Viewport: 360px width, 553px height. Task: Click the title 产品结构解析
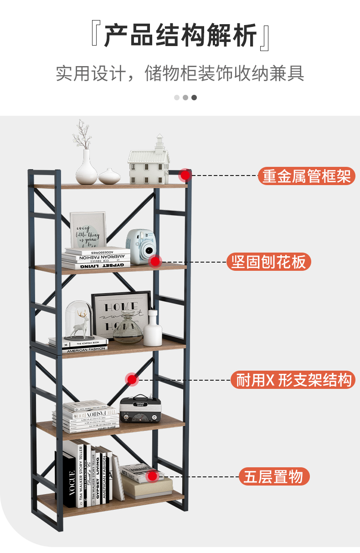(180, 36)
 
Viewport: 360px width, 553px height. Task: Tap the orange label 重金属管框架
(306, 176)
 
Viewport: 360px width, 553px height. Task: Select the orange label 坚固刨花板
(268, 262)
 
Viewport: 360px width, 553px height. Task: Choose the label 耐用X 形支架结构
(293, 380)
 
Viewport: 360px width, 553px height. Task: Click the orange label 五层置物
(274, 476)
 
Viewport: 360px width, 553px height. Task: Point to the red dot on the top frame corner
(185, 175)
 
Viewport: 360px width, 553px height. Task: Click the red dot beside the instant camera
(155, 261)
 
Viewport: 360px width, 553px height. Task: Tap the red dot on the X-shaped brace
(132, 379)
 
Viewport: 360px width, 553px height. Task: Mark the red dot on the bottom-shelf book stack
(153, 476)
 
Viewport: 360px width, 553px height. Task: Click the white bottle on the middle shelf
(153, 330)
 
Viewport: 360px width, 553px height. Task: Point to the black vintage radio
(140, 408)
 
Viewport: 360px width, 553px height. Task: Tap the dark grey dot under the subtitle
(194, 97)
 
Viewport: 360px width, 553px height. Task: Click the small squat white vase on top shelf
(109, 176)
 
